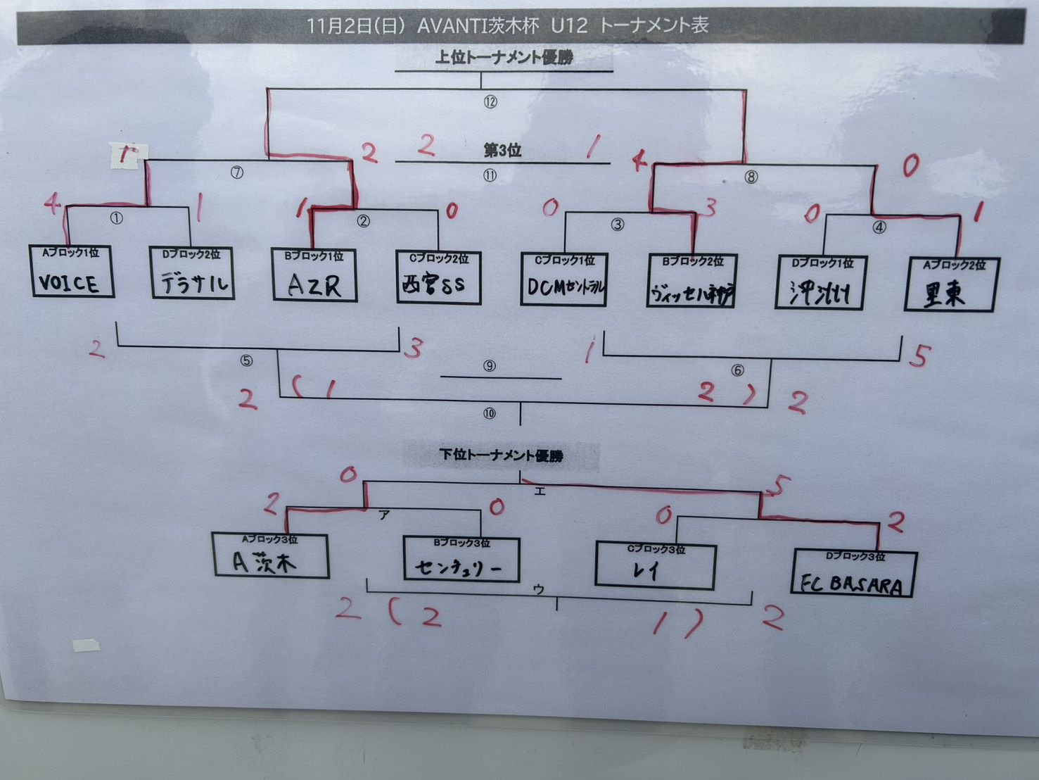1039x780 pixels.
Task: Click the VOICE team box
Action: [x=71, y=272]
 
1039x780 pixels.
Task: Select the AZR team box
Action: [x=314, y=275]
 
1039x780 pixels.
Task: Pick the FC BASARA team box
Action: [x=854, y=574]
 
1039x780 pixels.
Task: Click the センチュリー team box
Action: [x=461, y=559]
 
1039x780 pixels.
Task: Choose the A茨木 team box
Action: [x=270, y=556]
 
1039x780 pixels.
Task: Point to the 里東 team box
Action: [x=950, y=285]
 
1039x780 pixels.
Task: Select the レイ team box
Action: [x=654, y=565]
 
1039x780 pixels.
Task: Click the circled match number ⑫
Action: [x=490, y=102]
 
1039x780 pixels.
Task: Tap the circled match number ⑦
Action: [x=237, y=172]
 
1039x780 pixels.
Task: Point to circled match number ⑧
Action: [x=751, y=177]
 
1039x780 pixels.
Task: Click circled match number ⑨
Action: [x=490, y=366]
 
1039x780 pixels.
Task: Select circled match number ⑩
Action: [x=490, y=413]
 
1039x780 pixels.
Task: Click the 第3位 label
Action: [x=502, y=151]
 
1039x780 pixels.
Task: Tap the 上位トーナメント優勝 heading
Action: [x=504, y=58]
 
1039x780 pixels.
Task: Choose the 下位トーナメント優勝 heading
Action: [x=502, y=455]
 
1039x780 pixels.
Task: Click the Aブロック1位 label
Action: [x=70, y=253]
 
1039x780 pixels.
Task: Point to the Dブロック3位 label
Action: [x=855, y=556]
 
